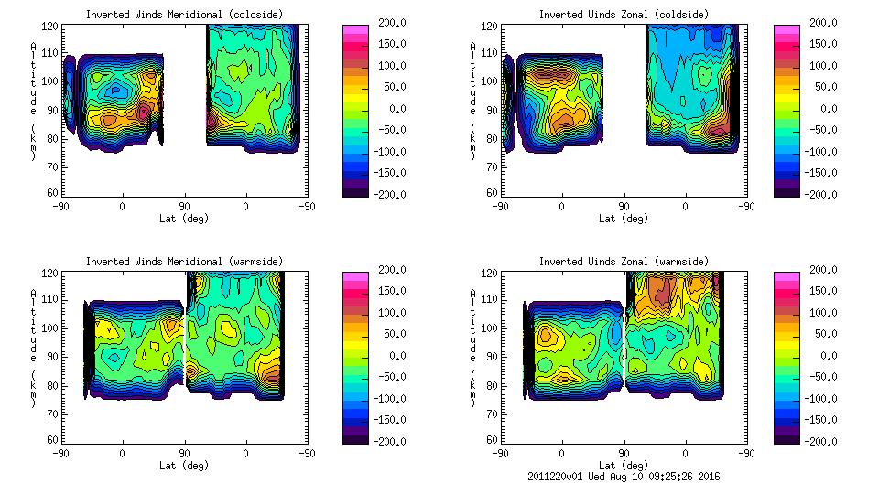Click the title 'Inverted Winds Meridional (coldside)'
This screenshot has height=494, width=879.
184,15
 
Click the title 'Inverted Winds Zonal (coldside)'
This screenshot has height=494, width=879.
624,15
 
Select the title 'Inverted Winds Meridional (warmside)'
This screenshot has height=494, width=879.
184,262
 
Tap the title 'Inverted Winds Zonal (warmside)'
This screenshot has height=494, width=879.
624,262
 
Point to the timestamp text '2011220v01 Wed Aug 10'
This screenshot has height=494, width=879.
585,477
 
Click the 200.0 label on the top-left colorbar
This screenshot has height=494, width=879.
387,23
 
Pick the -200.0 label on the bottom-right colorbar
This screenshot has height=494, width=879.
819,442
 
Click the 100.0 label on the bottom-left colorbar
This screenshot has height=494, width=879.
387,313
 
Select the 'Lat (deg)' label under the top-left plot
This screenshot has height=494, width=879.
184,219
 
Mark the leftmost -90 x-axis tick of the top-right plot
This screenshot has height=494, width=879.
499,206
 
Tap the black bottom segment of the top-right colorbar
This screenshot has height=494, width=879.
787,189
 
